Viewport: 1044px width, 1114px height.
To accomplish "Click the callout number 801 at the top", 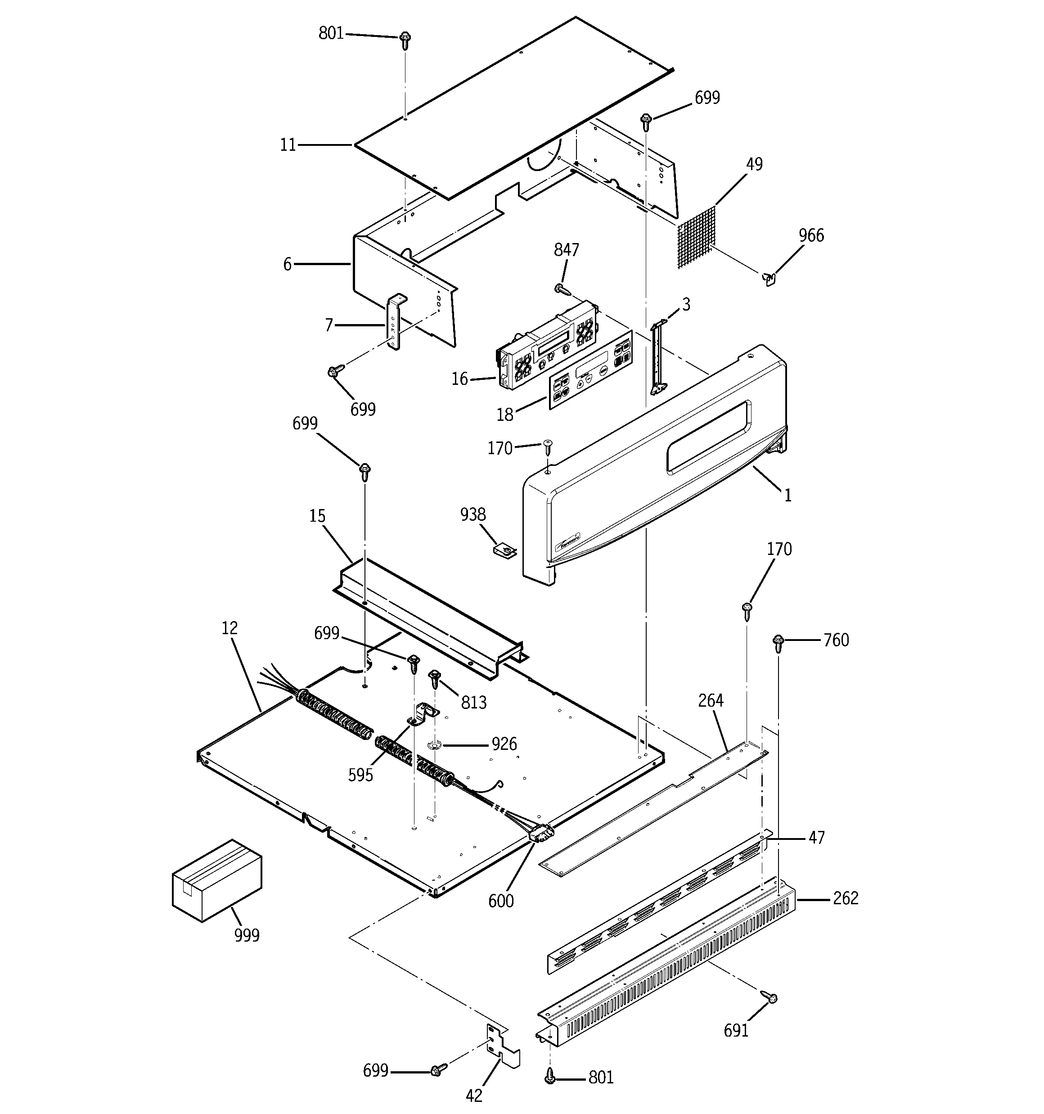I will click(x=331, y=34).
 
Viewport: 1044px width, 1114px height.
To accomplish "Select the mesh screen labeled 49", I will click(x=697, y=238).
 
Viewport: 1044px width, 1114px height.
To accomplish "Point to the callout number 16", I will click(x=459, y=379).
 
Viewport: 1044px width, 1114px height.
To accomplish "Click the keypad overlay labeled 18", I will click(x=590, y=371).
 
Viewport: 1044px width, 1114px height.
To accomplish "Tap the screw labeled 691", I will click(x=769, y=997).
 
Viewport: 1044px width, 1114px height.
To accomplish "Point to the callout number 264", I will click(x=711, y=700).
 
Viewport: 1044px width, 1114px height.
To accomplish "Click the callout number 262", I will click(x=845, y=898).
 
